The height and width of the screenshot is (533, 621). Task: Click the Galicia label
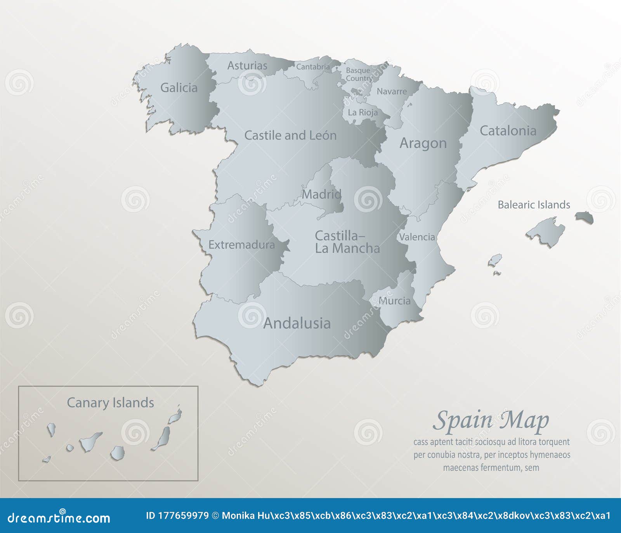(x=179, y=88)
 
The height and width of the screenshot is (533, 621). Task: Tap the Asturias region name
(x=247, y=66)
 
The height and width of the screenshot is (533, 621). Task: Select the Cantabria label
(x=313, y=67)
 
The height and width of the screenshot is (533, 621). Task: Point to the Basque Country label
(x=359, y=74)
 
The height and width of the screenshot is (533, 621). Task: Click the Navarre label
(x=392, y=92)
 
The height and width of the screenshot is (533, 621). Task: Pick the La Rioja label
(x=363, y=113)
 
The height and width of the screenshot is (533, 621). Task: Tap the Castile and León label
(x=290, y=135)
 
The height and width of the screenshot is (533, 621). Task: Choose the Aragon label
(x=423, y=143)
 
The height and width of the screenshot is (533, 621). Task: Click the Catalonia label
(x=508, y=131)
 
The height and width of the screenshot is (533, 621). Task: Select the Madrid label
(x=321, y=194)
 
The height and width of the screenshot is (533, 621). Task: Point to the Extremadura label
(x=241, y=245)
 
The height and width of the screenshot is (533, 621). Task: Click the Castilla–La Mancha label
(x=347, y=242)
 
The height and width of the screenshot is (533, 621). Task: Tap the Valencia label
(x=417, y=237)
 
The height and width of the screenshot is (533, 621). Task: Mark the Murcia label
(x=394, y=300)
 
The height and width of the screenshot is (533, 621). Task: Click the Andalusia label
(x=297, y=323)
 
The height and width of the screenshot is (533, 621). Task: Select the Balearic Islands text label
(x=534, y=205)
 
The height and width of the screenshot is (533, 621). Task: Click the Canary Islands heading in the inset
(x=110, y=403)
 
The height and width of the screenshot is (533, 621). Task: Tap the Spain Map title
(x=491, y=421)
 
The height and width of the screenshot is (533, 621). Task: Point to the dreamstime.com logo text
(x=59, y=518)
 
